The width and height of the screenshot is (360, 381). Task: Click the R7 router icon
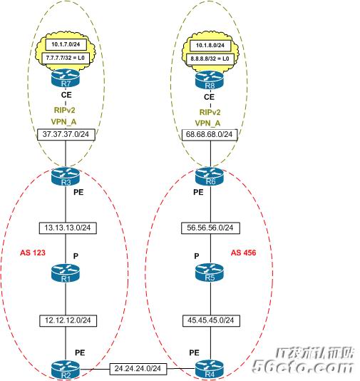tap(66, 78)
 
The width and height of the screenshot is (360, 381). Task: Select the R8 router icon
tap(210, 80)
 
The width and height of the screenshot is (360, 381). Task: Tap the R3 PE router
tap(66, 176)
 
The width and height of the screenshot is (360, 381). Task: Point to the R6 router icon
tap(210, 176)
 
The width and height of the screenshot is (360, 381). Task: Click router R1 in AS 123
tap(66, 273)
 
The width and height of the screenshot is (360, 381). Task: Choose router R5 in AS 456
tap(210, 272)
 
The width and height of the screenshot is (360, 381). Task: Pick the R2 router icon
tap(66, 370)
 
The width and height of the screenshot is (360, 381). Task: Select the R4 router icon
tap(210, 370)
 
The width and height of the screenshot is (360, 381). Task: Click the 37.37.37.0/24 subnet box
tap(66, 134)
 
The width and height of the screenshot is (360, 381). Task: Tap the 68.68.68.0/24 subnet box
tap(210, 135)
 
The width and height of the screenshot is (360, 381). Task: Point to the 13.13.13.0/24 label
tap(68, 228)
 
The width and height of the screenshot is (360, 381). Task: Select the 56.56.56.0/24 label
tap(210, 228)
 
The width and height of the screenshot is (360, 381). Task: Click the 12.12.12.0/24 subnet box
tap(68, 321)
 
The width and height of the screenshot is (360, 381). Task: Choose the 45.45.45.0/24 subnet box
tap(211, 321)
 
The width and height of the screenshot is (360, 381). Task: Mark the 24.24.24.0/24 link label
tap(138, 369)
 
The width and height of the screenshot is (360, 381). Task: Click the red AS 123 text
tap(33, 253)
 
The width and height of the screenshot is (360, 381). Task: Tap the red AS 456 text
tap(243, 253)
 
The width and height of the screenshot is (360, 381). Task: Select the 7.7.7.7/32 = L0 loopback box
tap(66, 58)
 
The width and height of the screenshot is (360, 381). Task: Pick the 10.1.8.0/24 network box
tap(210, 46)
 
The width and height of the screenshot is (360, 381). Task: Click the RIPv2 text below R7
tap(65, 110)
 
